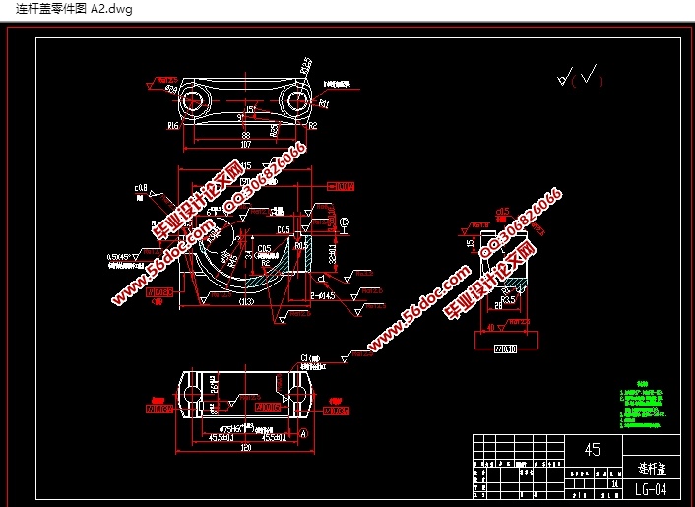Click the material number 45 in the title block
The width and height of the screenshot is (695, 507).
[591, 449]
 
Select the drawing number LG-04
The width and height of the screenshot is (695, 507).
[651, 488]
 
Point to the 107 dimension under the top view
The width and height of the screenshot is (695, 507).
[246, 145]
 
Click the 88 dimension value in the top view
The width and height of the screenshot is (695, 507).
[246, 134]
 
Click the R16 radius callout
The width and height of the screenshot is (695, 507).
[173, 126]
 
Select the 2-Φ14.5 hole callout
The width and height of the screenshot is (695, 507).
[324, 294]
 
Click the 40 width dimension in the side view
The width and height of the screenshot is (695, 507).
[492, 328]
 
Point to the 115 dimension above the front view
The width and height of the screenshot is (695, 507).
[243, 165]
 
